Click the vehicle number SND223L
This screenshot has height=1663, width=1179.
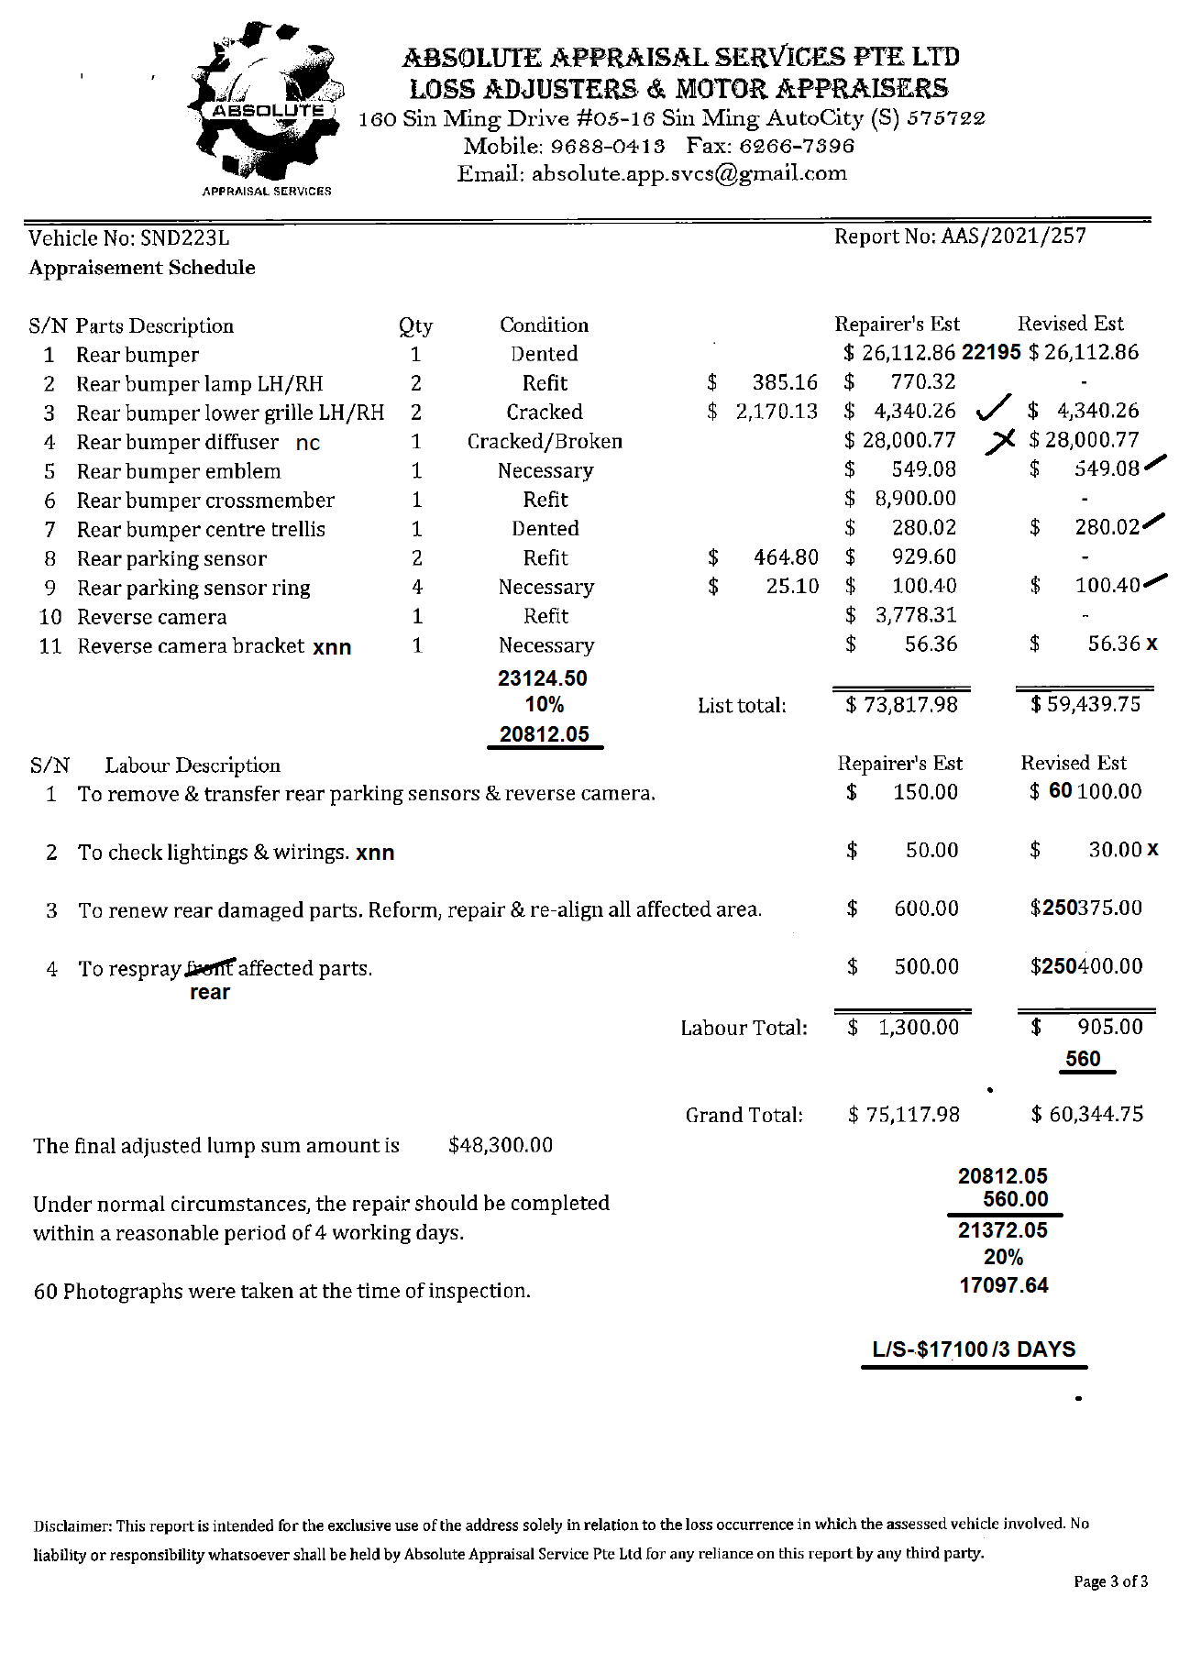point(184,238)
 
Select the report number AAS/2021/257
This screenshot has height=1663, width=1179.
point(1013,237)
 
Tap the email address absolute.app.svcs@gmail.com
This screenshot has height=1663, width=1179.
point(689,173)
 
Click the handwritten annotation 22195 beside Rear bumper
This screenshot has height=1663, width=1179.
point(991,352)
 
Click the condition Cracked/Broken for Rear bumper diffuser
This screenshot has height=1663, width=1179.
point(545,441)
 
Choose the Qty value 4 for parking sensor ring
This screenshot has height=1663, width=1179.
point(417,587)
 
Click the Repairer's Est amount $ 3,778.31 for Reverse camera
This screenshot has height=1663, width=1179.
point(902,615)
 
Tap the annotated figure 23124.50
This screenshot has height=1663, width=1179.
point(543,678)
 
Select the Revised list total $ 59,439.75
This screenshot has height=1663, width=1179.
point(1085,704)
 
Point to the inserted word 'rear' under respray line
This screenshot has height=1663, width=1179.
point(210,993)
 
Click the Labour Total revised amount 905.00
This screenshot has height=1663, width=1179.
point(1109,1027)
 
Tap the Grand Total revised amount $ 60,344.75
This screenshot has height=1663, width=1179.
point(1087,1115)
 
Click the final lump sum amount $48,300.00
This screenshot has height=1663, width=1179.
point(501,1145)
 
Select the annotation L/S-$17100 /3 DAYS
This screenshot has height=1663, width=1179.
point(974,1349)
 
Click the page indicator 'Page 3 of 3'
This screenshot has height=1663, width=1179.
point(1110,1581)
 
